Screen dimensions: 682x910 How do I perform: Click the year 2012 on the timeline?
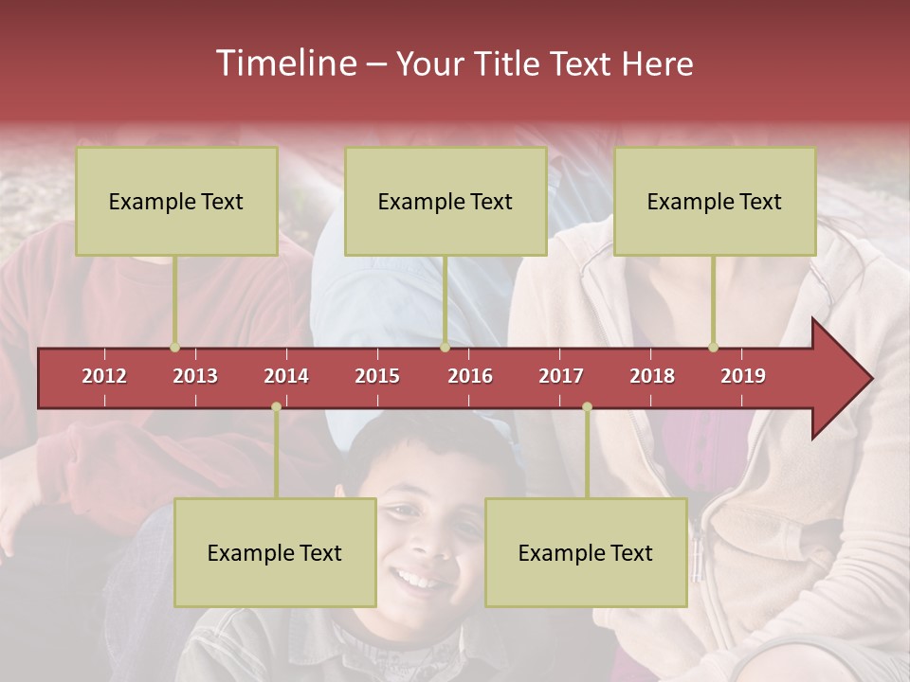coord(104,376)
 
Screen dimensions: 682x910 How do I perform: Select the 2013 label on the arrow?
coord(195,376)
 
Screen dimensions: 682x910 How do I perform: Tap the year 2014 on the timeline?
coord(286,376)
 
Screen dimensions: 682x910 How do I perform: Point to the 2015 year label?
coord(377,376)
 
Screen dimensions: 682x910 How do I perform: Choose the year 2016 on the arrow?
coord(470,376)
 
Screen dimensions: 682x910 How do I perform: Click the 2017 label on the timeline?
coord(561,376)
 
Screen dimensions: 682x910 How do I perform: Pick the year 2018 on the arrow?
coord(652,376)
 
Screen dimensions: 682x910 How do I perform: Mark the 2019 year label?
coord(743,376)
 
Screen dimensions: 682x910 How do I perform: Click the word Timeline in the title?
coord(284,63)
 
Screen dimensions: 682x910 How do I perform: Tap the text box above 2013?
coord(176,201)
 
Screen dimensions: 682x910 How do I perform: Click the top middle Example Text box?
coord(446,201)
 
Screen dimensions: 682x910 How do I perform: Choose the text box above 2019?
coord(715,201)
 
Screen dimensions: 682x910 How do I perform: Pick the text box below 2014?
coord(275,552)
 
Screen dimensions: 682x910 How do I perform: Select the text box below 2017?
coord(586,552)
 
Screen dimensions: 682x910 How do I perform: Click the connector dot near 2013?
coord(174,347)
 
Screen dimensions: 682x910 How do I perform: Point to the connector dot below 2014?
coord(276,406)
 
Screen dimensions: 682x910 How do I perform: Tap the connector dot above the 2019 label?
coord(713,347)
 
